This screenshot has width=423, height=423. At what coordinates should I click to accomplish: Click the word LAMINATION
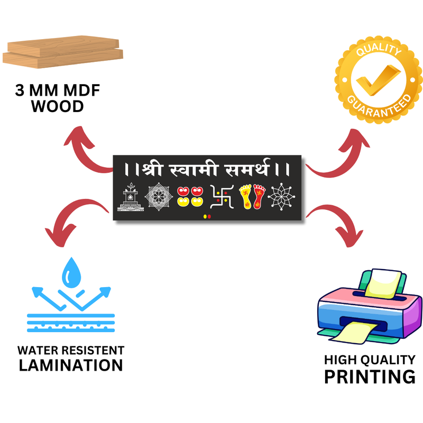[71, 365]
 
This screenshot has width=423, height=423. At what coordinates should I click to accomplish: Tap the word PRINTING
[370, 376]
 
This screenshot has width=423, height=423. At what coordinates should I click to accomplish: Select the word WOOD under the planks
[58, 106]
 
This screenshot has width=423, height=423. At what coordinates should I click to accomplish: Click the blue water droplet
[71, 273]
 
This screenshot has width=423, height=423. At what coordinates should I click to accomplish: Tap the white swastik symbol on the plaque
[222, 197]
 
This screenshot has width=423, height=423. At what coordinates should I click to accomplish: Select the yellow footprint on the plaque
[245, 196]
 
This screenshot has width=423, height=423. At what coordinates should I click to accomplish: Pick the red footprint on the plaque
[259, 196]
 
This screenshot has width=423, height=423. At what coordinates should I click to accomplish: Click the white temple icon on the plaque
[131, 197]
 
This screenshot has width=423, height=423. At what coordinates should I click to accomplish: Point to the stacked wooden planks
[63, 52]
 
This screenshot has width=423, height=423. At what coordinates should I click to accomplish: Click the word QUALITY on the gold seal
[379, 50]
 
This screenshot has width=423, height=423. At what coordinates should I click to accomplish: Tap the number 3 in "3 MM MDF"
[20, 90]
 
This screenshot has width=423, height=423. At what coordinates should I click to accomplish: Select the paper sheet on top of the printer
[383, 283]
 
